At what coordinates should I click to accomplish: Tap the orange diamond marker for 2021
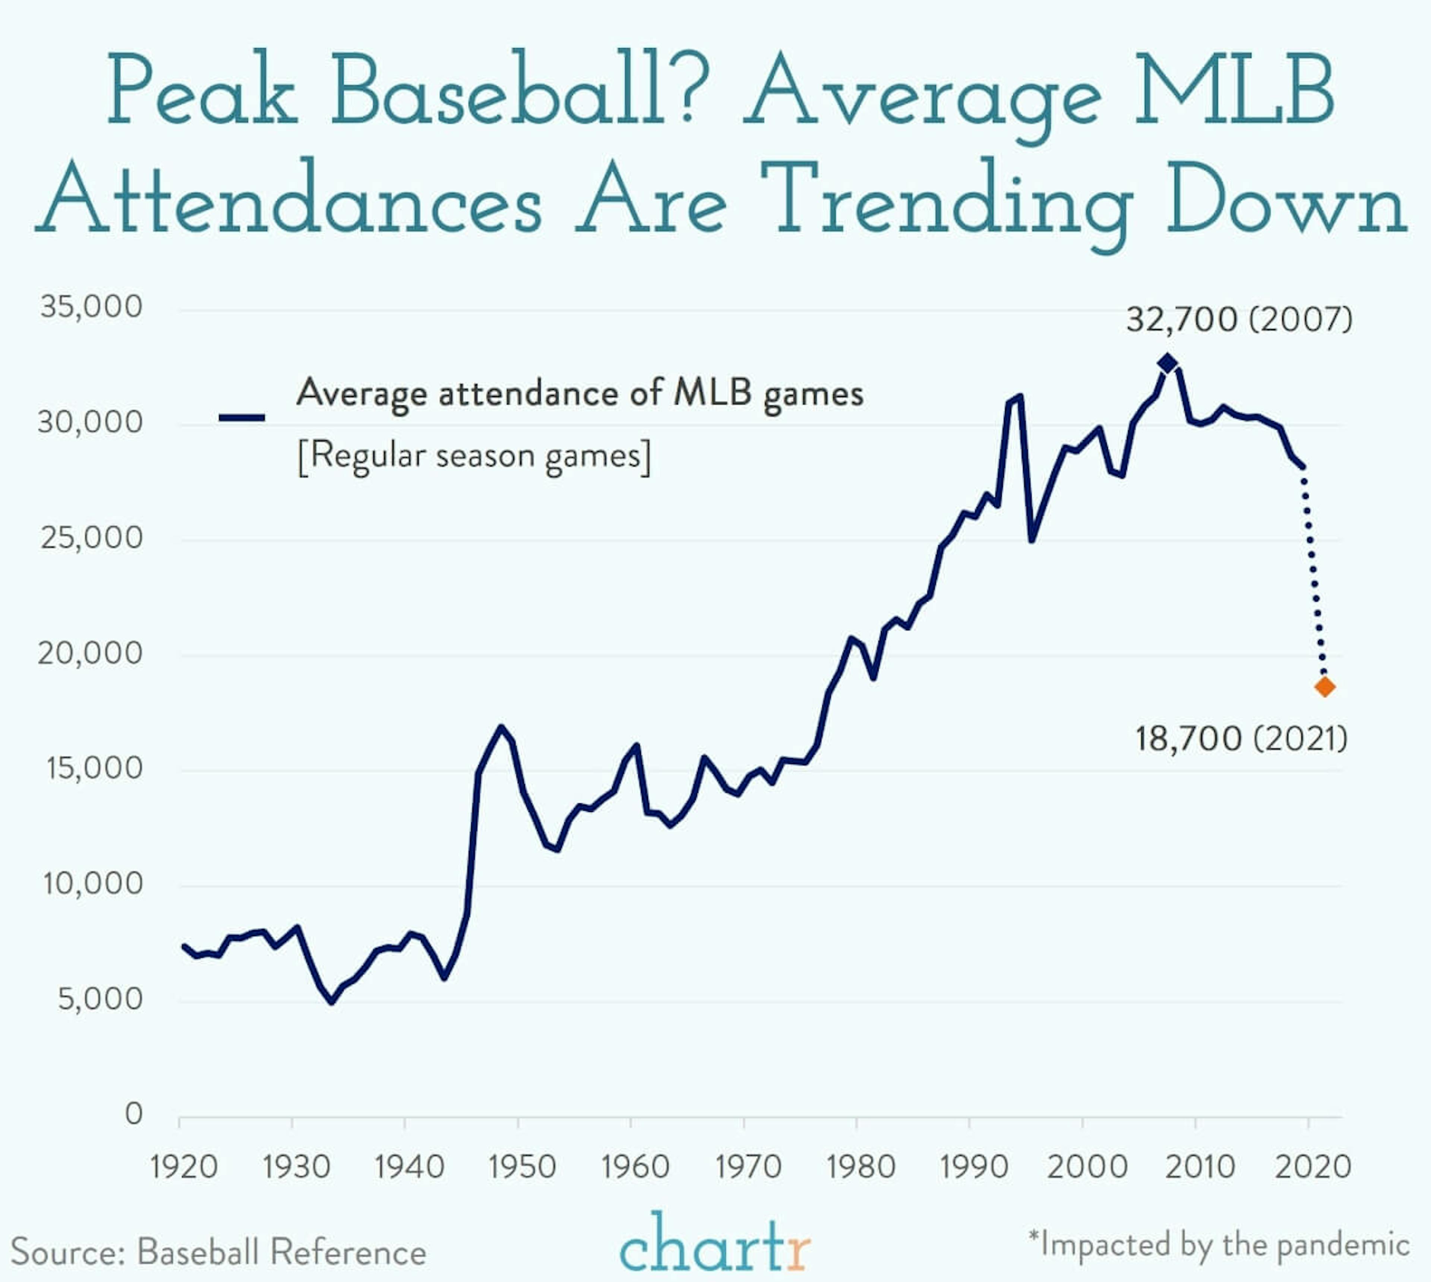pyautogui.click(x=1325, y=687)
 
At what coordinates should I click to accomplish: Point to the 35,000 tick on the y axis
pyautogui.click(x=92, y=307)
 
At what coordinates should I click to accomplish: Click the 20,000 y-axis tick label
pyautogui.click(x=90, y=653)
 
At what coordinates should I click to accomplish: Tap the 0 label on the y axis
pyautogui.click(x=134, y=1114)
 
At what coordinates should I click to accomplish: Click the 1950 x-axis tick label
pyautogui.click(x=522, y=1167)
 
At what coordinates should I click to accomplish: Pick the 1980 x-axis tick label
pyautogui.click(x=860, y=1167)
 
